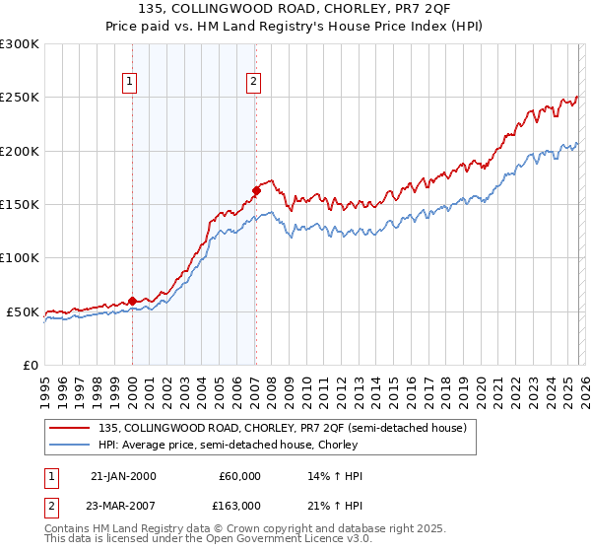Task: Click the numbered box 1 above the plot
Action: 131,82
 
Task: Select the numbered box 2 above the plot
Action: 254,82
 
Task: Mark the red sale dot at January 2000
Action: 132,301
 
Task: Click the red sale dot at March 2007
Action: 256,190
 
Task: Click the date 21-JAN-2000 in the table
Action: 123,476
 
